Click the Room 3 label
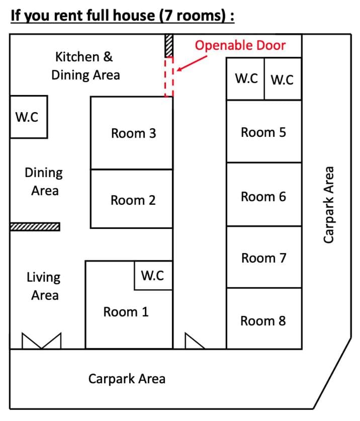[133, 133]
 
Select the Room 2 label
[133, 200]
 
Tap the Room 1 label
[126, 312]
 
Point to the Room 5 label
[263, 132]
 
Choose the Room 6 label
[263, 197]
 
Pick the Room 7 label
[264, 259]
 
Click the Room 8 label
[263, 321]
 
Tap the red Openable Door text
[240, 45]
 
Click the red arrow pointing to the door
[192, 63]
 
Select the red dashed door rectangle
[165, 77]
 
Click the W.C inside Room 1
[152, 276]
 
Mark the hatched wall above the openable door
[169, 45]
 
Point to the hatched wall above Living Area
[35, 227]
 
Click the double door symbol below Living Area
[42, 341]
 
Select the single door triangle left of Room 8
[195, 341]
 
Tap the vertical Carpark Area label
[328, 205]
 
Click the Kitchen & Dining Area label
[85, 66]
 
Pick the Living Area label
[44, 286]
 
